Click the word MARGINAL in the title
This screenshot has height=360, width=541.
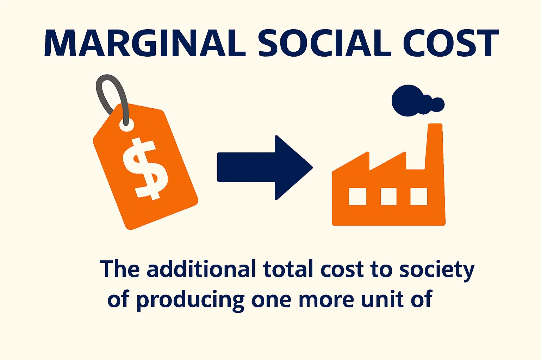[x=144, y=43]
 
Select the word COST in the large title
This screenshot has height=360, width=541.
[x=450, y=43]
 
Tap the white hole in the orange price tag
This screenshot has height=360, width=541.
[x=127, y=124]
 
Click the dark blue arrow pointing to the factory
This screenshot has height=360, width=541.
[x=264, y=168]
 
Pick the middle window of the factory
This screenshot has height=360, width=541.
[x=388, y=196]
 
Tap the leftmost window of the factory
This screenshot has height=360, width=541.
[x=357, y=196]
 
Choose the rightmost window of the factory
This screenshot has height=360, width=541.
[x=419, y=196]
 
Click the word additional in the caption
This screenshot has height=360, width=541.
[x=201, y=269]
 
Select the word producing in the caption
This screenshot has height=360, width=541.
[x=190, y=300]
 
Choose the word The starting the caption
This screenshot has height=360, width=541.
[x=119, y=269]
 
